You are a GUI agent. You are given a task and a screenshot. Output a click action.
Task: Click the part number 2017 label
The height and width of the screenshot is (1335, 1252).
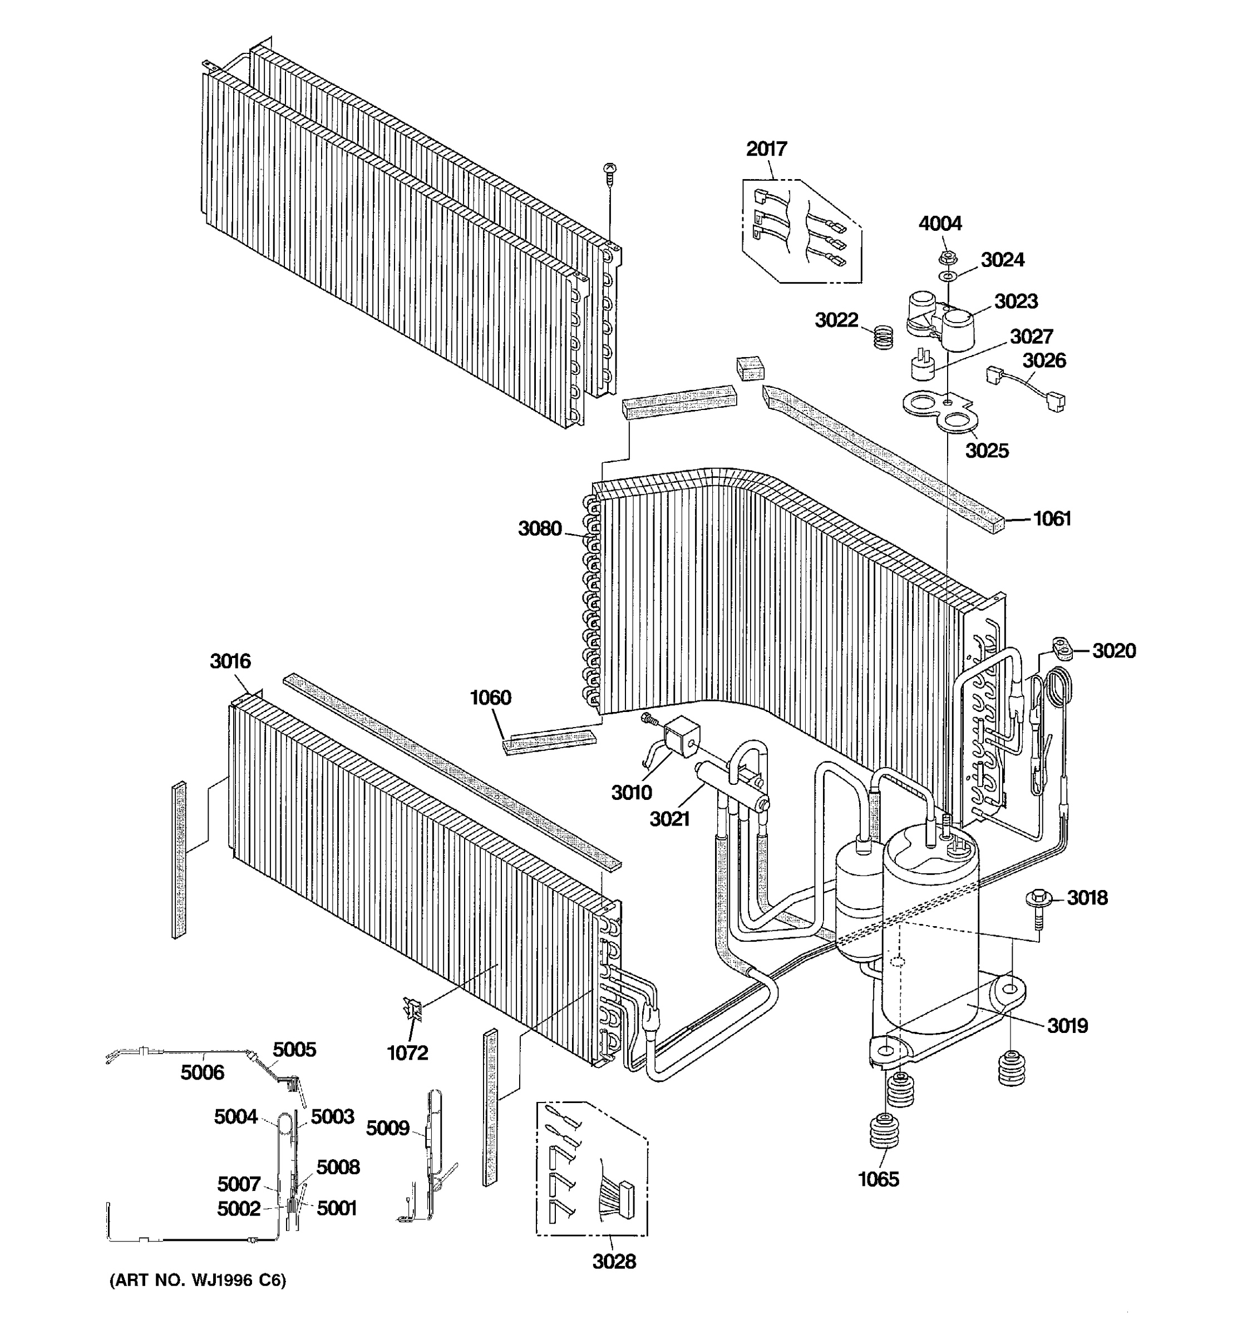click(x=766, y=149)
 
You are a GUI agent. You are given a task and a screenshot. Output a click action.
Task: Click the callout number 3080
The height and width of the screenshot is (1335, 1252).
click(x=539, y=529)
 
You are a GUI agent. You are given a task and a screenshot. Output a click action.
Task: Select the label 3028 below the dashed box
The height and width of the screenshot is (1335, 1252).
click(x=614, y=1262)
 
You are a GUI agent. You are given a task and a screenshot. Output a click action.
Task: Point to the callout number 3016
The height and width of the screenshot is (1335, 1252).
click(x=230, y=661)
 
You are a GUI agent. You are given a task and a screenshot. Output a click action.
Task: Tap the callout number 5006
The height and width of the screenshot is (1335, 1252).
click(x=202, y=1073)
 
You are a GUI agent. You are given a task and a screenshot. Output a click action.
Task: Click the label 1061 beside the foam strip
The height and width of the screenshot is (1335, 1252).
click(x=1052, y=519)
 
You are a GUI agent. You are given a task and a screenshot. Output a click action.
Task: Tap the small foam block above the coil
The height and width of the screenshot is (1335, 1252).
click(x=751, y=368)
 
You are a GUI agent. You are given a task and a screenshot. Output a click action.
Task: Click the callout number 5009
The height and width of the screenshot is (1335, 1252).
click(x=387, y=1129)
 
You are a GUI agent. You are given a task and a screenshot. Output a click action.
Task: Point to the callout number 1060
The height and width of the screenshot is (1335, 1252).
click(x=490, y=698)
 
